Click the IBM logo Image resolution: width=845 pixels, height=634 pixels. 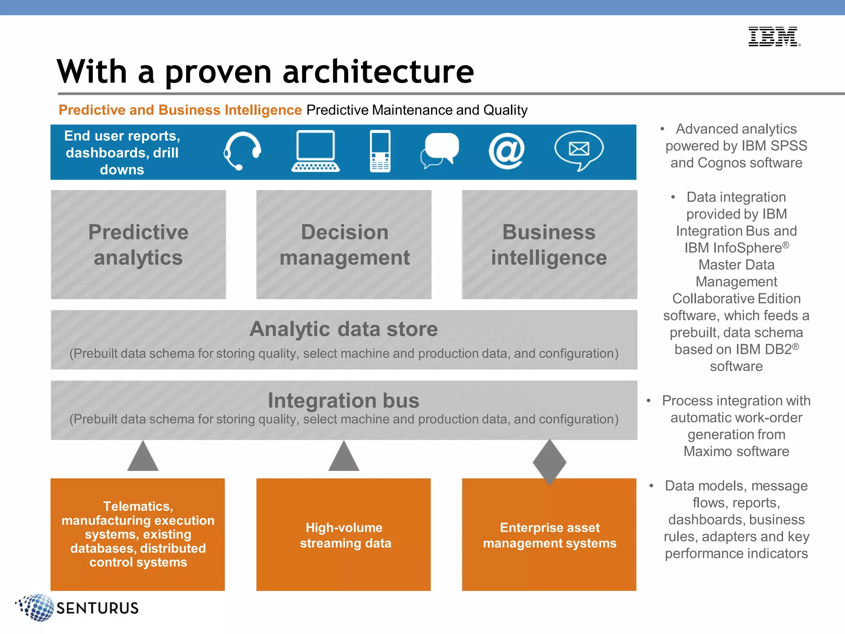pos(774,36)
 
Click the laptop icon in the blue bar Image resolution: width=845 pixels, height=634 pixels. pos(316,151)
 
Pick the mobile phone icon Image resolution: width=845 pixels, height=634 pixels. pos(380,151)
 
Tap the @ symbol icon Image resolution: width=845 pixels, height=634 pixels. pos(506,151)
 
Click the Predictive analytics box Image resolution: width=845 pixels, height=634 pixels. pos(138,244)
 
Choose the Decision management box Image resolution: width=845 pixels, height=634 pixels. pos(344,244)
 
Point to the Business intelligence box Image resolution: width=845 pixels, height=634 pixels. pos(549,244)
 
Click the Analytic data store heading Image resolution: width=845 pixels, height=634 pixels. pos(343,329)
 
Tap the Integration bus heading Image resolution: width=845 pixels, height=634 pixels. pos(343,400)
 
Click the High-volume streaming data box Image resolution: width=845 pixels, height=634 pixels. pos(344,535)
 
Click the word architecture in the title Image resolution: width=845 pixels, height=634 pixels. pos(378,72)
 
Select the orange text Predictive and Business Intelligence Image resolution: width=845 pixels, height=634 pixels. pos(180,110)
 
